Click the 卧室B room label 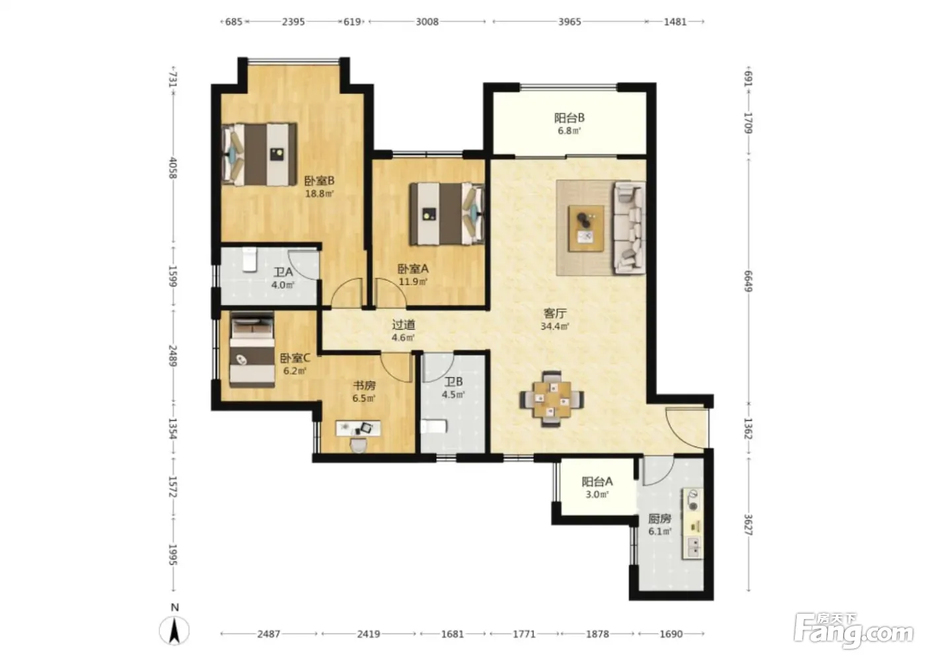click(318, 181)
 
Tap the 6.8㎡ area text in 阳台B click(570, 131)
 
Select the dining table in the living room click(552, 399)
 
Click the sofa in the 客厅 click(629, 228)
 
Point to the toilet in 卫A click(250, 260)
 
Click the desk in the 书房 click(358, 429)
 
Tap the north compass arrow click(174, 630)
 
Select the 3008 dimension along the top click(427, 21)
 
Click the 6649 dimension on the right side click(748, 281)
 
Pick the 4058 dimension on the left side click(173, 168)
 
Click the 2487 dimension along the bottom click(269, 634)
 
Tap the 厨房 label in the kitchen click(659, 519)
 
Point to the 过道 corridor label click(404, 325)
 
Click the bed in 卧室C click(252, 349)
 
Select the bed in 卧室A click(447, 214)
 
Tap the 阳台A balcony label click(597, 482)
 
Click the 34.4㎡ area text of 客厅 click(554, 326)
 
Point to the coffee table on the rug click(586, 229)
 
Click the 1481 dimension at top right click(675, 21)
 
